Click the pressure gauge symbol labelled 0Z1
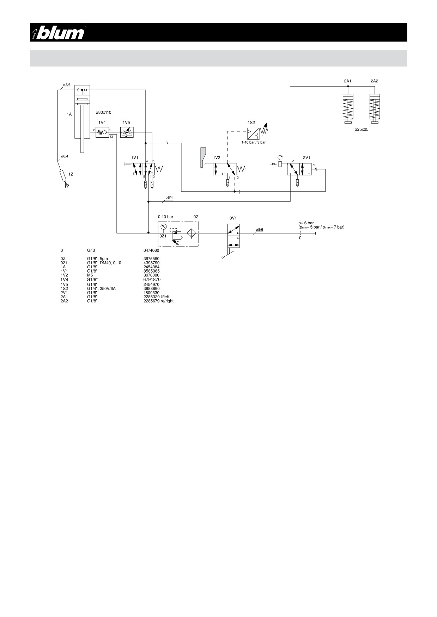click(163, 227)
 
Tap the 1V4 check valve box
click(102, 132)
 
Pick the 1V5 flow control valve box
click(127, 132)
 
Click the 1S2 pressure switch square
click(253, 133)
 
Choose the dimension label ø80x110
click(103, 112)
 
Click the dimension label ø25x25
click(361, 130)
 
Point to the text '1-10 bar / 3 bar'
click(253, 142)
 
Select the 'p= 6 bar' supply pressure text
click(306, 223)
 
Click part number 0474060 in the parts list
click(151, 250)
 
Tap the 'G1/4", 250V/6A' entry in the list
click(101, 288)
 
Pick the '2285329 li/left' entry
click(156, 297)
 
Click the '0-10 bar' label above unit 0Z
click(165, 217)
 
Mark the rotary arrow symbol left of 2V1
click(280, 158)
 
